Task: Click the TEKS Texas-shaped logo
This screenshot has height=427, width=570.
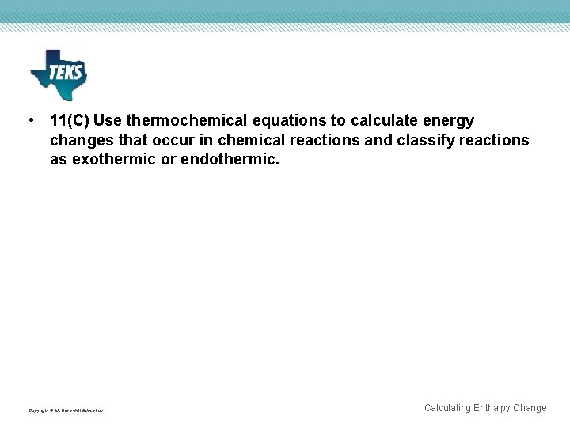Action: [58, 74]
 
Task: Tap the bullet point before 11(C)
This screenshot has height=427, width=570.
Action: [30, 120]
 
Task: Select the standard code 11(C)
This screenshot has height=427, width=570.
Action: [70, 121]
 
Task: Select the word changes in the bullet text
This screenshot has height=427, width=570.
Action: [80, 140]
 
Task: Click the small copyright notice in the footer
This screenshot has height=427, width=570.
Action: [66, 410]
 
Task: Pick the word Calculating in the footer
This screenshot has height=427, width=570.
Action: [447, 408]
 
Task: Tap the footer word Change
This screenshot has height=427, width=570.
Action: [530, 408]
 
